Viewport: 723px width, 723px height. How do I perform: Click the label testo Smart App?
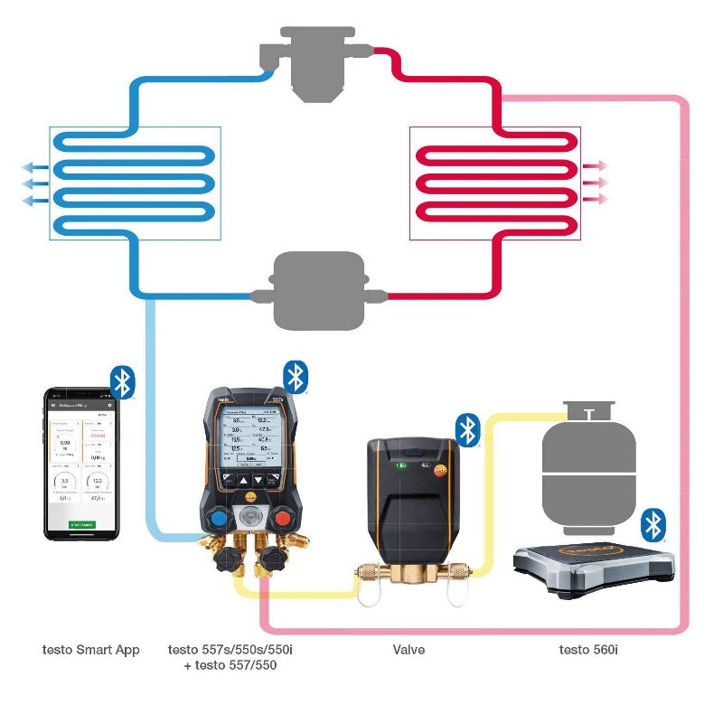click(x=90, y=649)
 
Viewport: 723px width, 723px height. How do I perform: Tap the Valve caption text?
click(x=408, y=649)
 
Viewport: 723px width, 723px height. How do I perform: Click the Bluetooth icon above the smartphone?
click(x=122, y=381)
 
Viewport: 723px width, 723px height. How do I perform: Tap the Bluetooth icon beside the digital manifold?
click(x=296, y=377)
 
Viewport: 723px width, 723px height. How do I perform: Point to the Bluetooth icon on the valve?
click(x=467, y=429)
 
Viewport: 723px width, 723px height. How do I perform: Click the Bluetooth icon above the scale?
click(x=653, y=524)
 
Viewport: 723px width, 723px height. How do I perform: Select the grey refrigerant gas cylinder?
click(x=587, y=474)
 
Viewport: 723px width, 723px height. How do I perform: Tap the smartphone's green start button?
click(x=82, y=524)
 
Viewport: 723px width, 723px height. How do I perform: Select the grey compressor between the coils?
click(x=318, y=289)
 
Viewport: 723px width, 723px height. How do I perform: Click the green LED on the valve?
click(x=399, y=466)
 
